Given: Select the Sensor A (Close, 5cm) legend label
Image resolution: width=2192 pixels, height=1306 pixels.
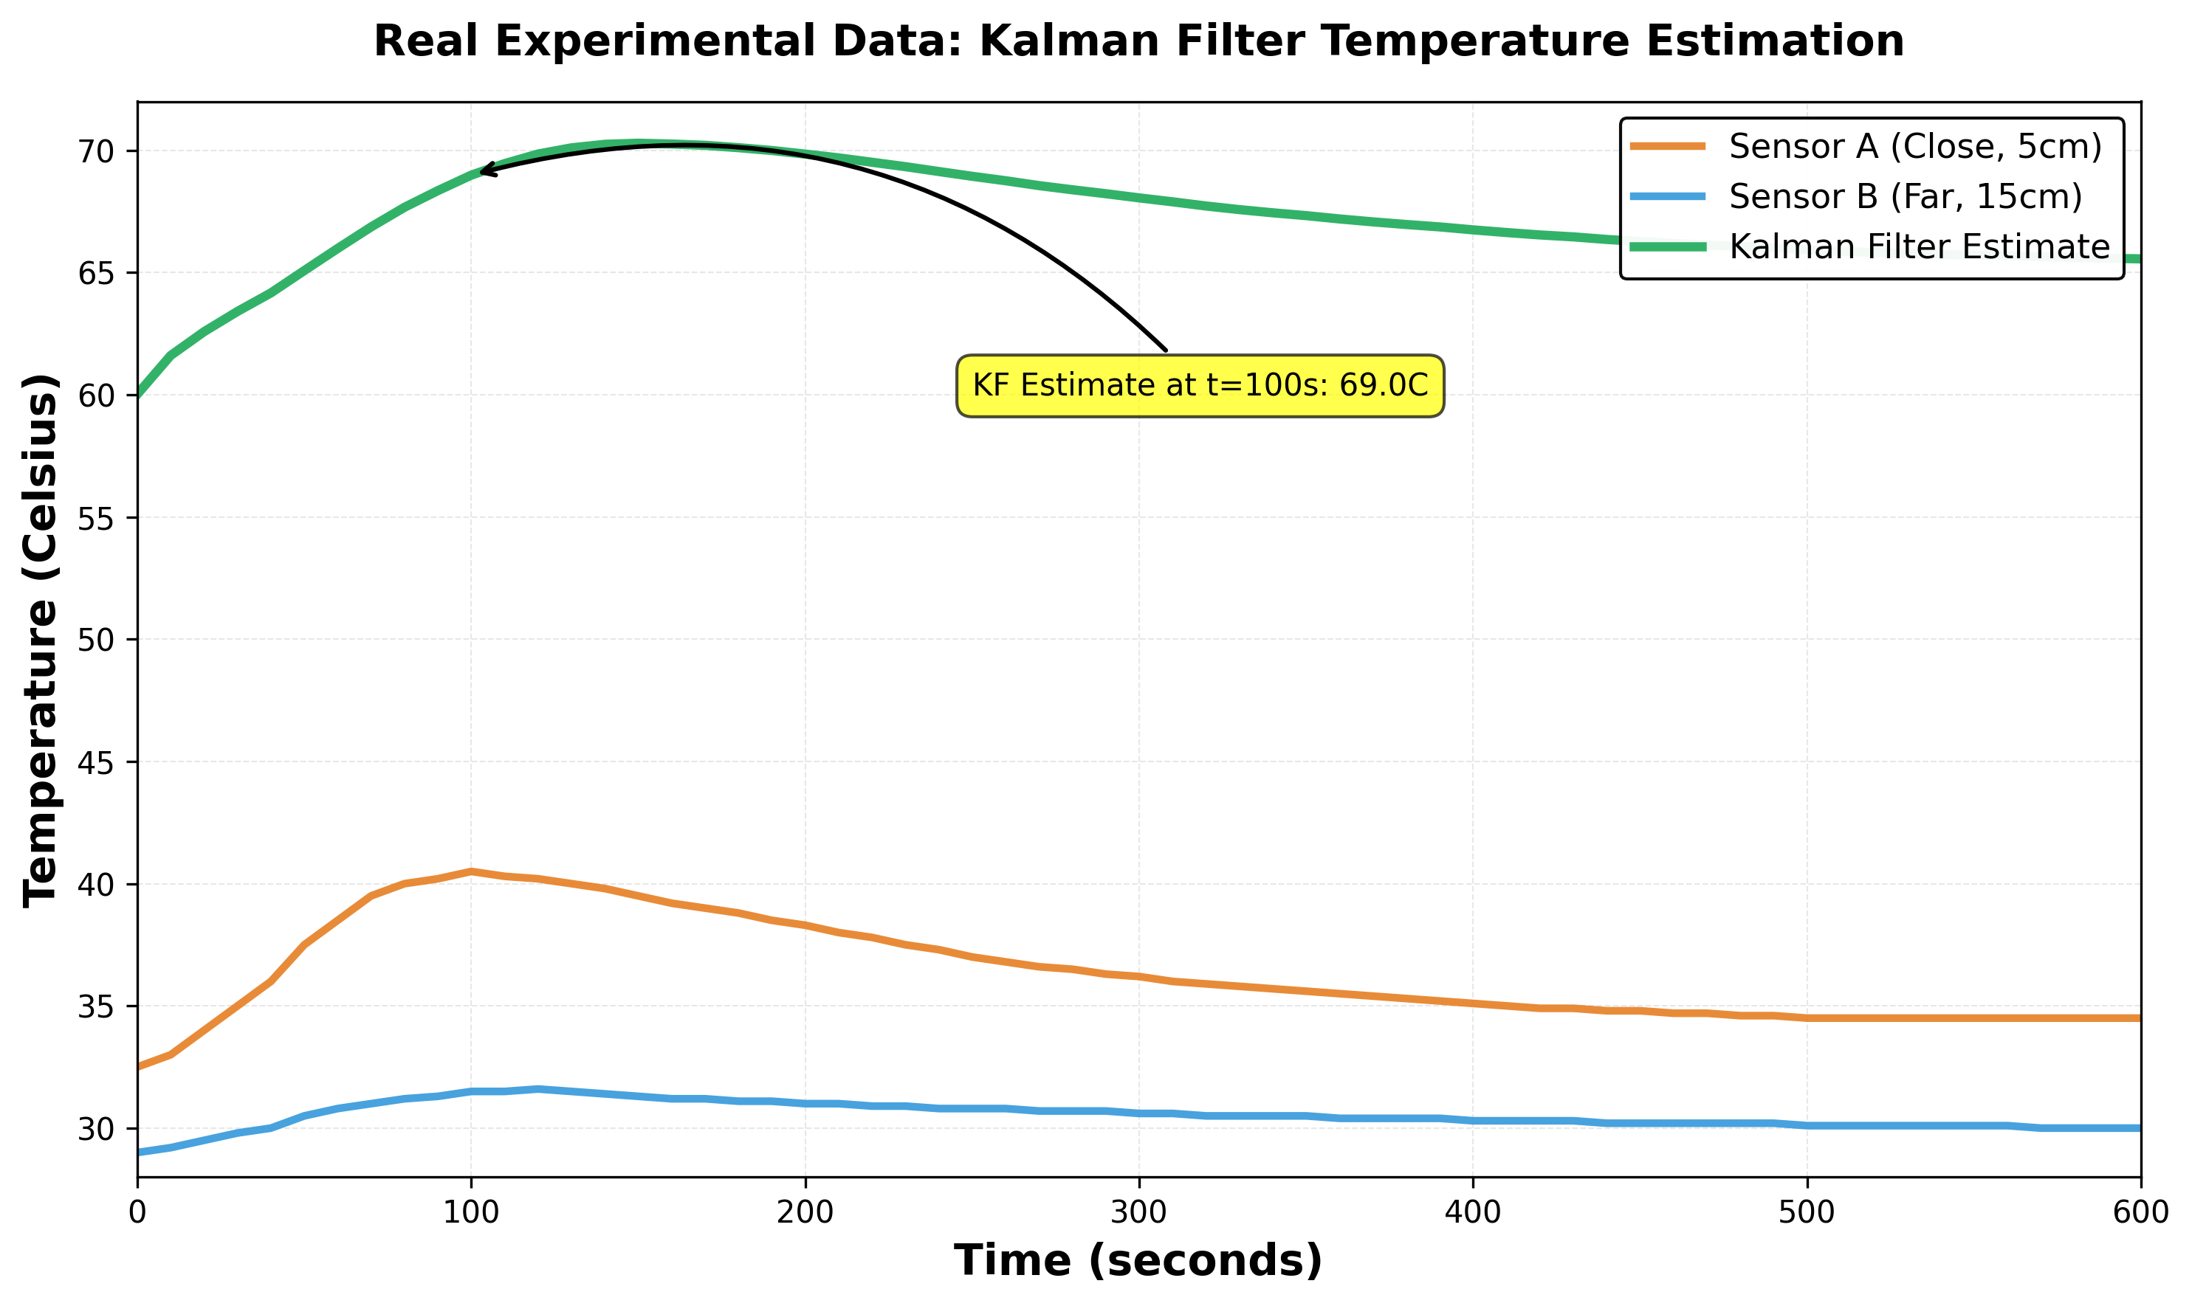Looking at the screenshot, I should click(x=1914, y=146).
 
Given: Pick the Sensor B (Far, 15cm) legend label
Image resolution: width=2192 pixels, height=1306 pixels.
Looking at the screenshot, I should click(x=1905, y=196).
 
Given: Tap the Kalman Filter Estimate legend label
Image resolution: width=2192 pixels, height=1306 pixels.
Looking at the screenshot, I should click(x=1919, y=246).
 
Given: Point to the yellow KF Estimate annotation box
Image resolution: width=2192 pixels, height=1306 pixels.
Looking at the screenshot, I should click(x=1200, y=385).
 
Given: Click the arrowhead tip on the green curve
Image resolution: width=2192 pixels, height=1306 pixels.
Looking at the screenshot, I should click(x=480, y=169).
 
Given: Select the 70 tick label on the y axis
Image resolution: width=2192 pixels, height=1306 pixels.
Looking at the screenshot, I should click(x=96, y=151).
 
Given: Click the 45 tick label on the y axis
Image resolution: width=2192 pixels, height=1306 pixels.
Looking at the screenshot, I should click(x=96, y=762).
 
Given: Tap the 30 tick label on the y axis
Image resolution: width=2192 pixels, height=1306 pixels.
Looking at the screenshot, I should click(x=96, y=1129).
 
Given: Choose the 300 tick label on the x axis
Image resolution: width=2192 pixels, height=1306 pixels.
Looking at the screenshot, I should click(x=1139, y=1213).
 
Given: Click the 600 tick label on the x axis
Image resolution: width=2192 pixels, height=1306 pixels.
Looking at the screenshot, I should click(x=2139, y=1213).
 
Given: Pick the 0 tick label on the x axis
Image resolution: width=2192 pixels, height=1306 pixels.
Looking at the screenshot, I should click(x=137, y=1213).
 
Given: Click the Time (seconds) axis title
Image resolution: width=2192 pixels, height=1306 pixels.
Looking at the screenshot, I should click(x=1138, y=1260).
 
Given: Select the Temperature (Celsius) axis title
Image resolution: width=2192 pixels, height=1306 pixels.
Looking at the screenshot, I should click(x=41, y=640).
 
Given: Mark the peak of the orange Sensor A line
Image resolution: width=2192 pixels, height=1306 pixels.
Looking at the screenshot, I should click(x=471, y=871).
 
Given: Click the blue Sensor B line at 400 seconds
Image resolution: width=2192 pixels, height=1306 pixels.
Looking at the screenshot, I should click(x=1473, y=1120).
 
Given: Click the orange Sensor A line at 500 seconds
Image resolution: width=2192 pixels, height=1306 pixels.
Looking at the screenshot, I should click(x=1807, y=1017).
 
